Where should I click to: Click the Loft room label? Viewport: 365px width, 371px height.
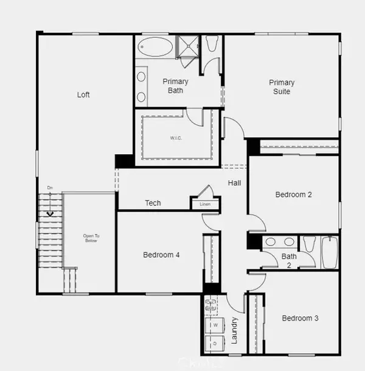84,94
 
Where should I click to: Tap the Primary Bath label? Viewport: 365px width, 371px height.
175,86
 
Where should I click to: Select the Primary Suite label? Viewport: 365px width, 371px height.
282,87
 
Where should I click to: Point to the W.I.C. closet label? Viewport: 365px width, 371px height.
176,137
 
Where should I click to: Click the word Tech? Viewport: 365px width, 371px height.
153,203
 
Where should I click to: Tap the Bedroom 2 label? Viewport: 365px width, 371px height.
294,195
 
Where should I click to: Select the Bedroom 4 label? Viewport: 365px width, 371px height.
161,255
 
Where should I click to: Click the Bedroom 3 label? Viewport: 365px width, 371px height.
300,318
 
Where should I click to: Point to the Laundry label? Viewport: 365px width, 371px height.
235,330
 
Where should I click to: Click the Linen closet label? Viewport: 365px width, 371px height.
206,205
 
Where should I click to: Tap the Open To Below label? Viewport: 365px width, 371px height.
91,238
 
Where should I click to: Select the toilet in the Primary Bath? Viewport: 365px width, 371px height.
212,44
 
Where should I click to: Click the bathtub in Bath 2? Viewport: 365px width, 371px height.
329,252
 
